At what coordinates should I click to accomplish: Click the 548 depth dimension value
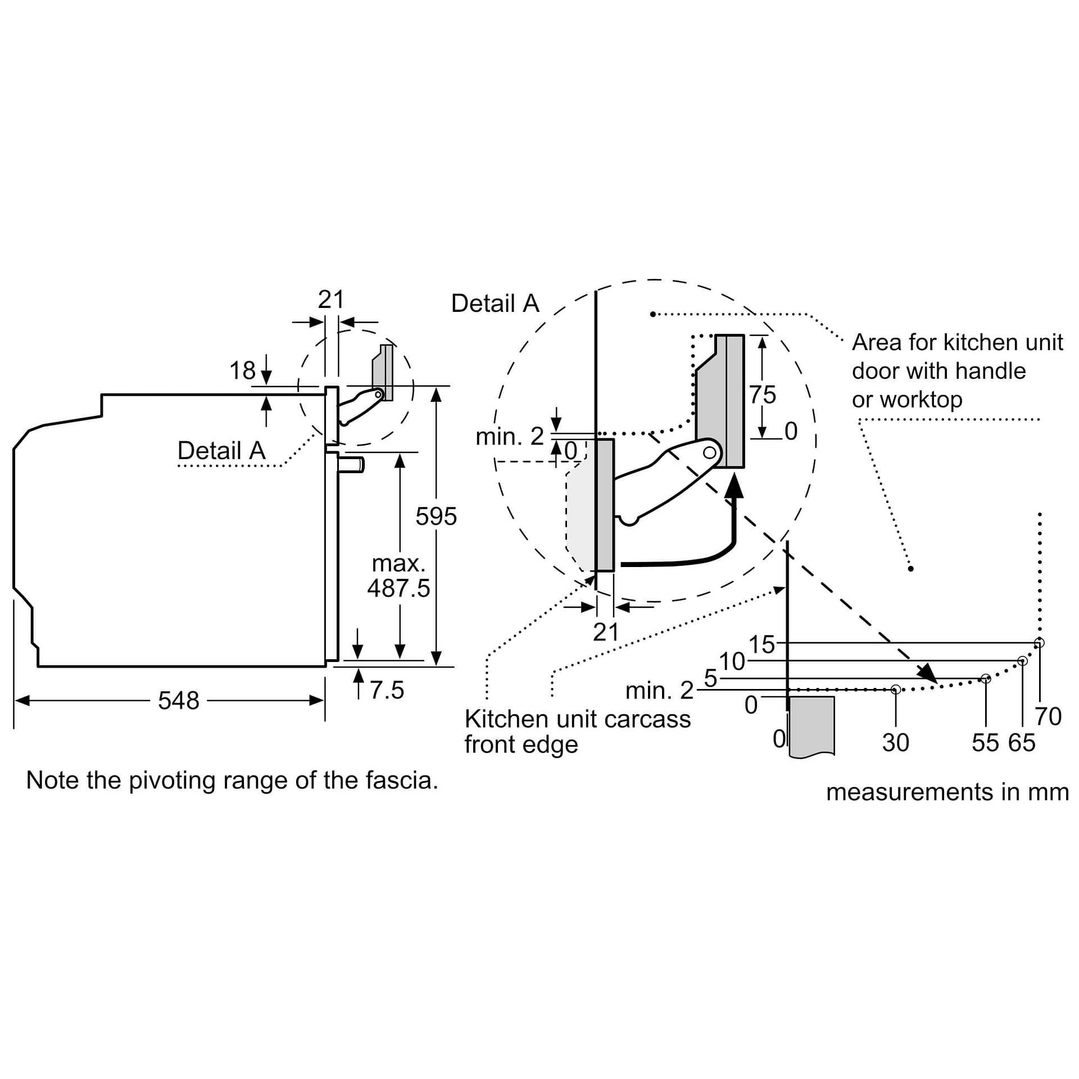pos(178,701)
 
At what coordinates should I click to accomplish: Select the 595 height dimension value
pos(436,516)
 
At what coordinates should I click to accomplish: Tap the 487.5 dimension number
pos(398,588)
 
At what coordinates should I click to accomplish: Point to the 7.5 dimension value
pos(387,690)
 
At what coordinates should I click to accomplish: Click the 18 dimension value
pos(242,371)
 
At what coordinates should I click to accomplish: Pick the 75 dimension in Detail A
pos(763,395)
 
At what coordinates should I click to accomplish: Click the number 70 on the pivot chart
pos(1048,717)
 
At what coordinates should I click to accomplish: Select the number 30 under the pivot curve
pos(895,743)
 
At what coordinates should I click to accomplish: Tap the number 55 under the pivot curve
pos(985,743)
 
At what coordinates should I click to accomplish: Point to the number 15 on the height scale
pos(761,645)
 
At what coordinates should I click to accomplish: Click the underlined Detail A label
pos(221,451)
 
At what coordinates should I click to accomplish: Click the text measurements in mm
pos(947,792)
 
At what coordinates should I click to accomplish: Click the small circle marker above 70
pos(1039,642)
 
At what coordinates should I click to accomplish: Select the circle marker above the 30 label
pos(896,690)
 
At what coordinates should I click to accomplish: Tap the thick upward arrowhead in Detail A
pos(734,486)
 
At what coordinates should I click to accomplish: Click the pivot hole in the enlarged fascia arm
pos(710,452)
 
